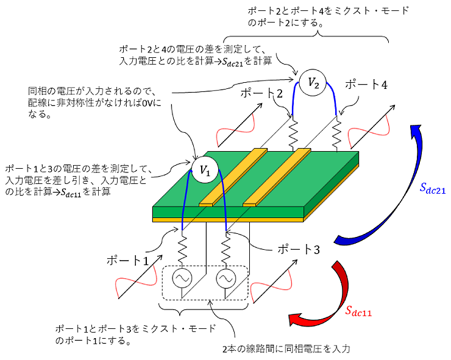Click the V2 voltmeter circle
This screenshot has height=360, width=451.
coord(313,83)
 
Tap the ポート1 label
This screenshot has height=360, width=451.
coord(127,260)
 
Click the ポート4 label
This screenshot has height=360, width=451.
coord(366,85)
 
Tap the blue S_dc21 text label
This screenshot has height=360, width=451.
coord(433,189)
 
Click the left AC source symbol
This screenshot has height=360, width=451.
coord(181,280)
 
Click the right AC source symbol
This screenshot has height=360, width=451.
coord(225,280)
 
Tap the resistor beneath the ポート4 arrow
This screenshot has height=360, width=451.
coord(336,132)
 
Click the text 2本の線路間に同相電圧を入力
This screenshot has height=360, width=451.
coord(286,349)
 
